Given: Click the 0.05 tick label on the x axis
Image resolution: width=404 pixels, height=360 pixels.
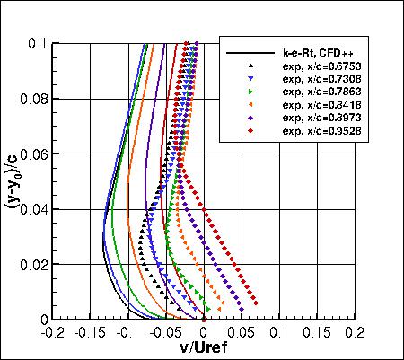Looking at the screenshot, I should click(242, 332).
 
